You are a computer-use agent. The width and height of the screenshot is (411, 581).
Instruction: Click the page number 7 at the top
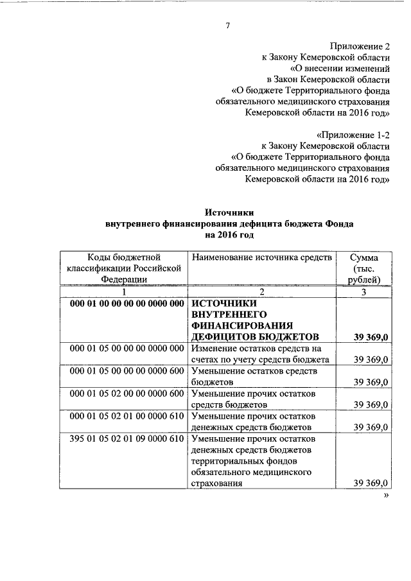(x=227, y=25)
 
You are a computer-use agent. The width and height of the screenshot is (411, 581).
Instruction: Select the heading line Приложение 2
(x=360, y=46)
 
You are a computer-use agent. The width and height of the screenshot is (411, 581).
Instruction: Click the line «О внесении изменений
(x=340, y=68)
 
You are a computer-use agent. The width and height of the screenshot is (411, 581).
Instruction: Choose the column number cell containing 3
(x=363, y=291)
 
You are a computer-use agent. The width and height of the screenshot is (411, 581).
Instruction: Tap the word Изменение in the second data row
(x=214, y=348)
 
